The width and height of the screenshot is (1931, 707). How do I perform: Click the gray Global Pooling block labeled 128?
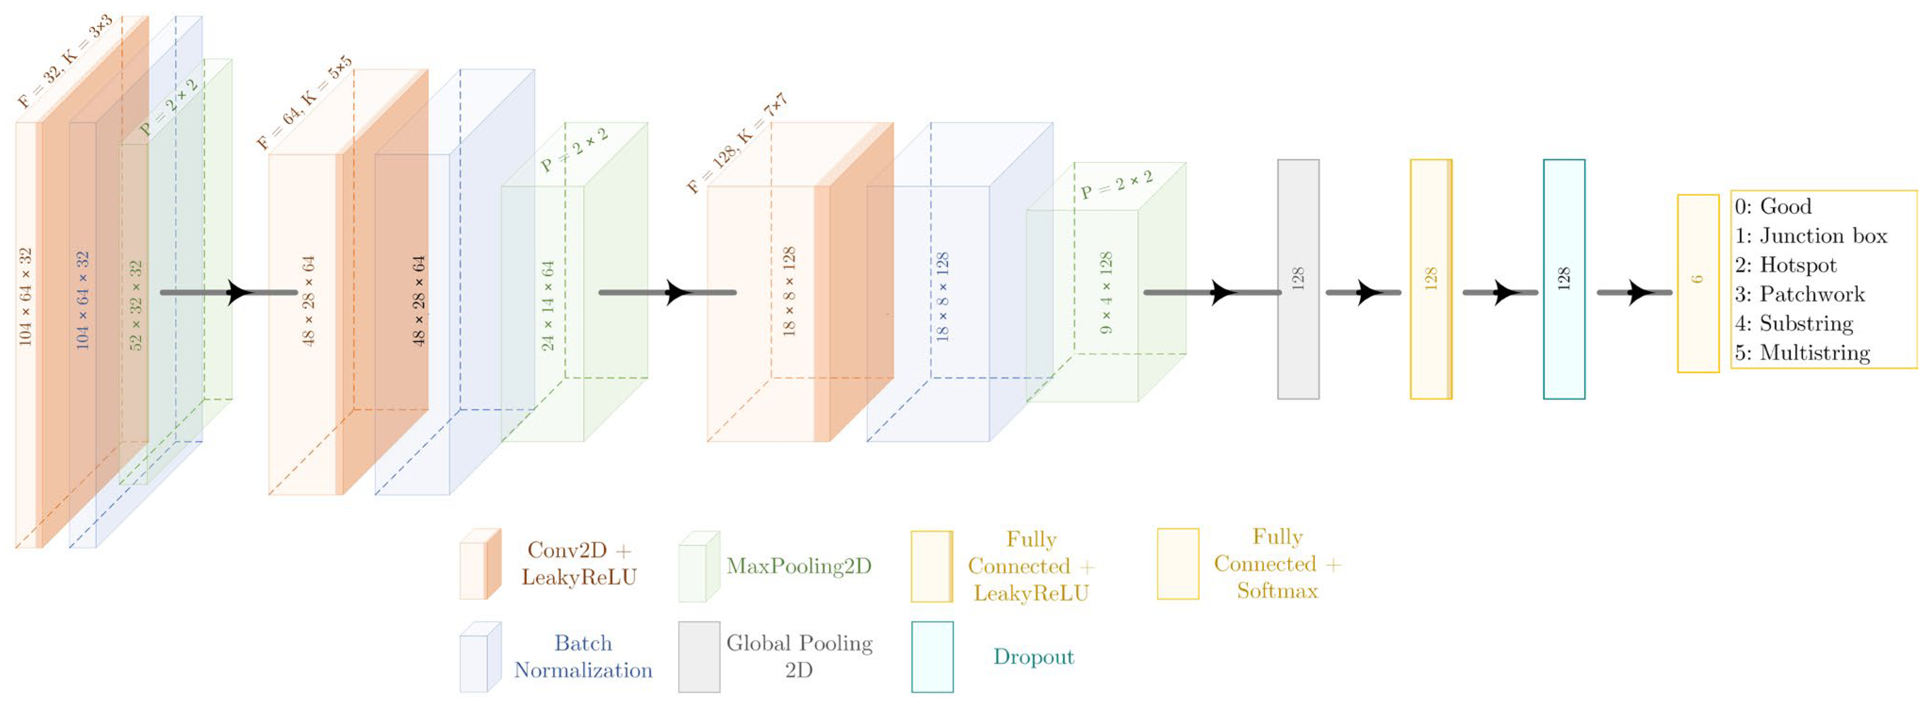[1298, 279]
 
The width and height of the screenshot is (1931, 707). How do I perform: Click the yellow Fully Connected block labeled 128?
[1430, 279]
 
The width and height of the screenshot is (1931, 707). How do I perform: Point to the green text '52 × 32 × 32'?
[136, 305]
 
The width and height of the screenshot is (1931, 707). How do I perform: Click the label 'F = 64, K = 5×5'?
[304, 103]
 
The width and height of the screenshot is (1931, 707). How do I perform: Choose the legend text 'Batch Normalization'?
[582, 657]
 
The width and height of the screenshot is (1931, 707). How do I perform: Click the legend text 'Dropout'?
[1033, 657]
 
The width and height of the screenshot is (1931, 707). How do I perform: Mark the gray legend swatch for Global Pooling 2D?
[699, 657]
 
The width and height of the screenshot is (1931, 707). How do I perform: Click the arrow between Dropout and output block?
[1633, 292]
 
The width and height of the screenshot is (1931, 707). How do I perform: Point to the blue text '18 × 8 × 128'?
[942, 297]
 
